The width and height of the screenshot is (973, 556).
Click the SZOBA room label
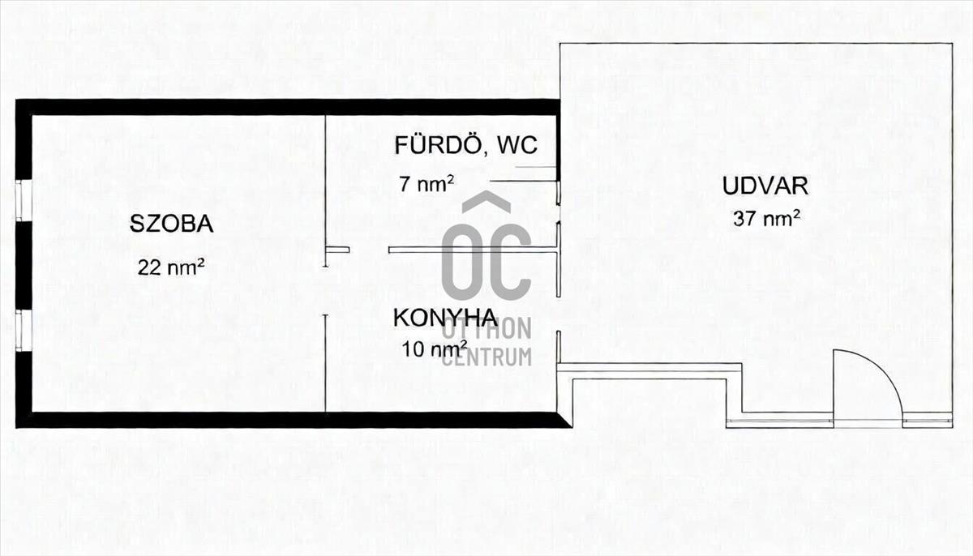[171, 224]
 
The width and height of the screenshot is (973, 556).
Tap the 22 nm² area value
[169, 267]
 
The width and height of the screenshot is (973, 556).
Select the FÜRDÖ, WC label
[465, 146]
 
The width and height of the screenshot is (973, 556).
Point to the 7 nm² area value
[426, 184]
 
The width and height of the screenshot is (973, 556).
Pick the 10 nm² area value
[434, 349]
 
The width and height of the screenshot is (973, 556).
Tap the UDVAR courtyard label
[765, 186]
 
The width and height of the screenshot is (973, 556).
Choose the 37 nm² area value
[767, 217]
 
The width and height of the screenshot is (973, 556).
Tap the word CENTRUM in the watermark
[486, 357]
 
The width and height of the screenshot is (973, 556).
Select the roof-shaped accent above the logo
[486, 203]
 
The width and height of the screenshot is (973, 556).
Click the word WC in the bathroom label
[517, 146]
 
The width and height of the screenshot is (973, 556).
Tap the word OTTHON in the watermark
[486, 329]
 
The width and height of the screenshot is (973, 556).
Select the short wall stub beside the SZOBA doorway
[337, 250]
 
